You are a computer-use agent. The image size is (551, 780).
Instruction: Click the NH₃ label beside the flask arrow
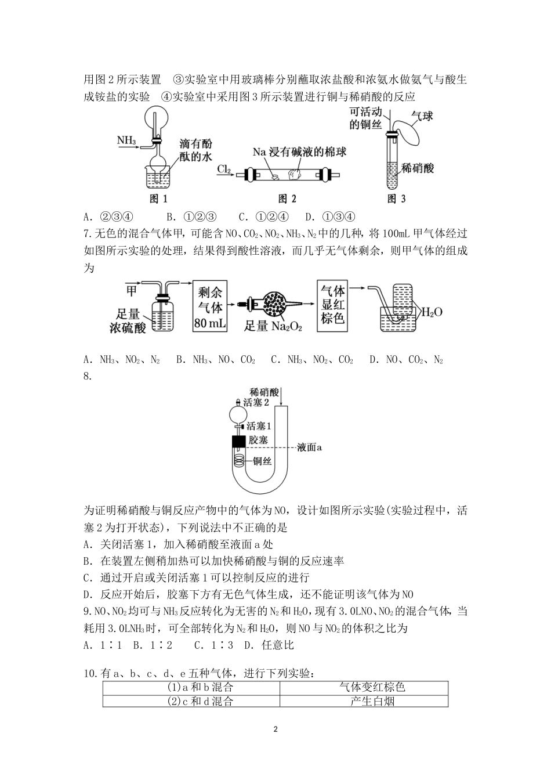(126, 140)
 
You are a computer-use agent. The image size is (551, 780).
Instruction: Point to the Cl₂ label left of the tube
(224, 169)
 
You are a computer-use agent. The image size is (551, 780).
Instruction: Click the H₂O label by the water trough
(431, 312)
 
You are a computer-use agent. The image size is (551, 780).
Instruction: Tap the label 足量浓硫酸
(128, 321)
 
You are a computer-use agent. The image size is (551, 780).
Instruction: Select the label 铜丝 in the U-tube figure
(262, 461)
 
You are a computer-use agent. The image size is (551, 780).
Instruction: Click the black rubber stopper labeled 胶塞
(238, 441)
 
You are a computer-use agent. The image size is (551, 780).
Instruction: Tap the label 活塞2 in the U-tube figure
(256, 402)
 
